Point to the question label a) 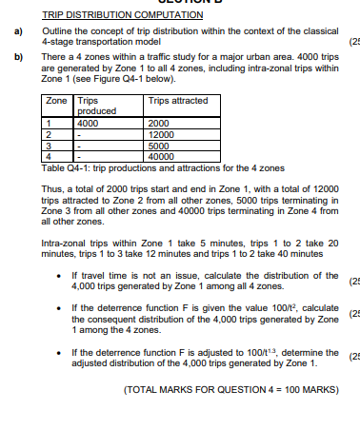[x=16, y=31]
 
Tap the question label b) [x=16, y=59]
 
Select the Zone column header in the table [x=57, y=100]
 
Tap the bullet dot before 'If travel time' [x=61, y=277]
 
